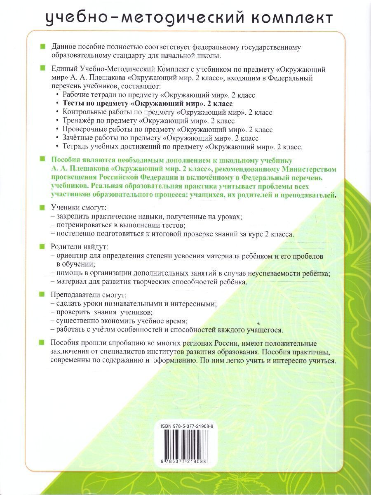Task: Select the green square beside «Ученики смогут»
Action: click(x=42, y=207)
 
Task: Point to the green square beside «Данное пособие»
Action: click(x=42, y=47)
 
